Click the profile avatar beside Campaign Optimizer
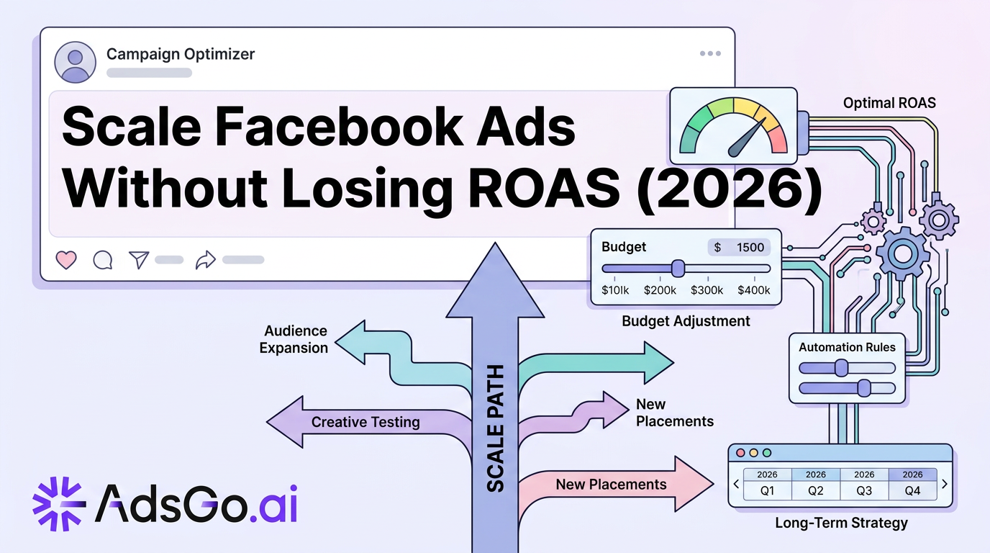[x=75, y=63]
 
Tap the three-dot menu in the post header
[x=710, y=53]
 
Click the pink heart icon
[x=66, y=260]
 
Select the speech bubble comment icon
[x=103, y=260]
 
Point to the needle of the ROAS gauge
[x=747, y=138]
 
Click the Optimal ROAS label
[x=889, y=103]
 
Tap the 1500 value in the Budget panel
[x=750, y=247]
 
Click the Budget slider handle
[x=678, y=269]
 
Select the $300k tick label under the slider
[x=707, y=290]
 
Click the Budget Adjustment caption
[x=686, y=321]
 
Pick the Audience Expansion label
[x=294, y=339]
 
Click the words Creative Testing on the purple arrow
[x=365, y=422]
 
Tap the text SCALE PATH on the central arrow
[x=495, y=428]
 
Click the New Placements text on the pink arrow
[x=611, y=485]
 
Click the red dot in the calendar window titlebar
[x=741, y=453]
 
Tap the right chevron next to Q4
[x=945, y=484]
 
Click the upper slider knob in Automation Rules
[x=841, y=368]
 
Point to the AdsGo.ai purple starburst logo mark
[x=59, y=503]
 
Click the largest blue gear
[x=903, y=253]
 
